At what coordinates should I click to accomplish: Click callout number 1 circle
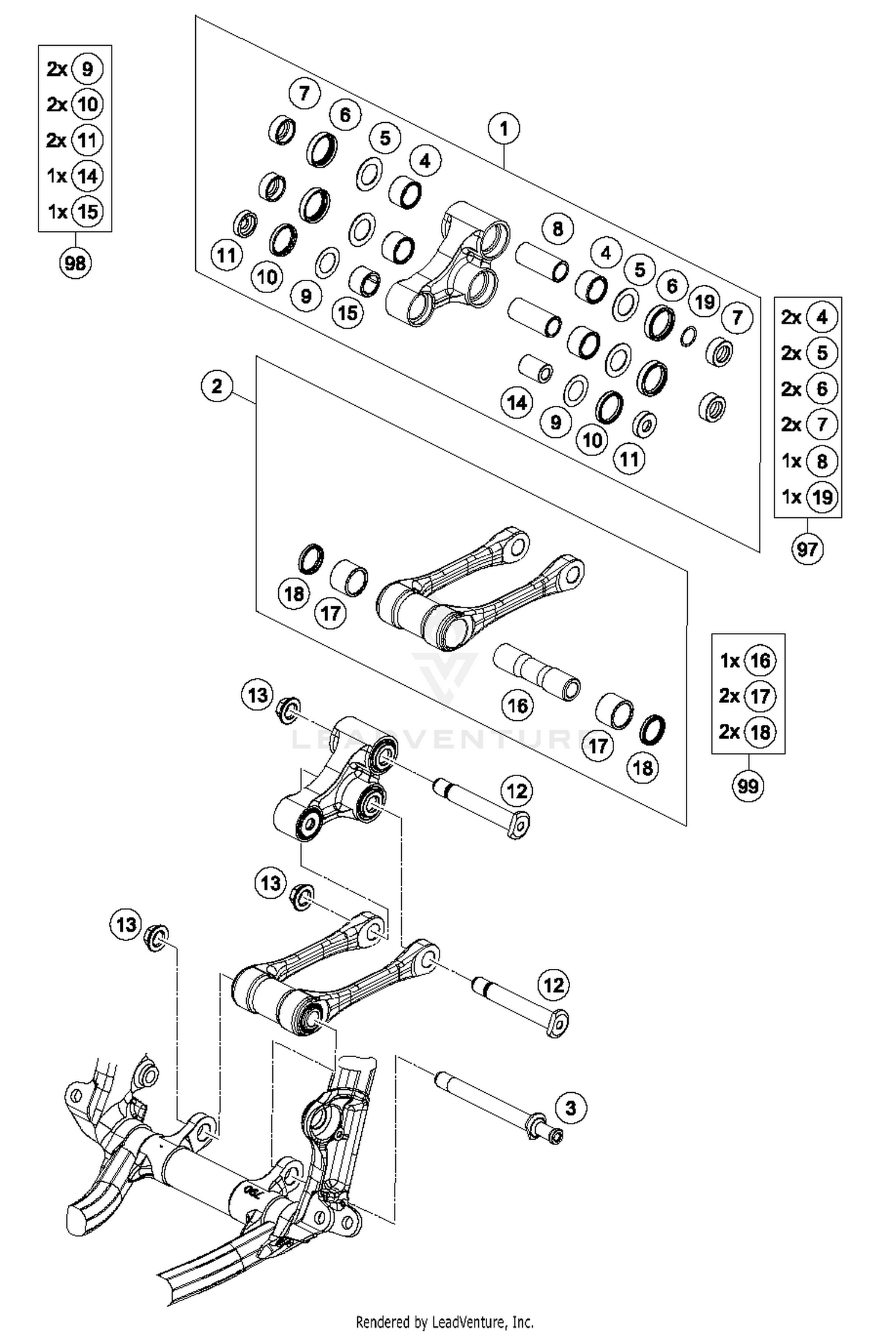point(504,128)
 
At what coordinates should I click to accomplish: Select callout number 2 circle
point(217,386)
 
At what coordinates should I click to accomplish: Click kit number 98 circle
point(75,262)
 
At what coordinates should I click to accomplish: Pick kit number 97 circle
point(807,549)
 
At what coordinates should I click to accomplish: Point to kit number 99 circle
point(748,785)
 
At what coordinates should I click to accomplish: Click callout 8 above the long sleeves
point(557,228)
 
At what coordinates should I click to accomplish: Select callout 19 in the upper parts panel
point(704,302)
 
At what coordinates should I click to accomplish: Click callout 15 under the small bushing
point(347,313)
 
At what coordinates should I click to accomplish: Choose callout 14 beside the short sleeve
point(516,403)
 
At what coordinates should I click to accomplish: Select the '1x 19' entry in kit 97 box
point(808,496)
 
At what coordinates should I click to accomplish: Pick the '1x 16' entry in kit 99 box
point(748,660)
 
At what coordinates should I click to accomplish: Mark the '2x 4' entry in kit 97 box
point(808,317)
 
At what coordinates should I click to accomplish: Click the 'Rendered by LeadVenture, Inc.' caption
point(444,1322)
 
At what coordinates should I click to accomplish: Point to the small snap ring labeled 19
point(688,336)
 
